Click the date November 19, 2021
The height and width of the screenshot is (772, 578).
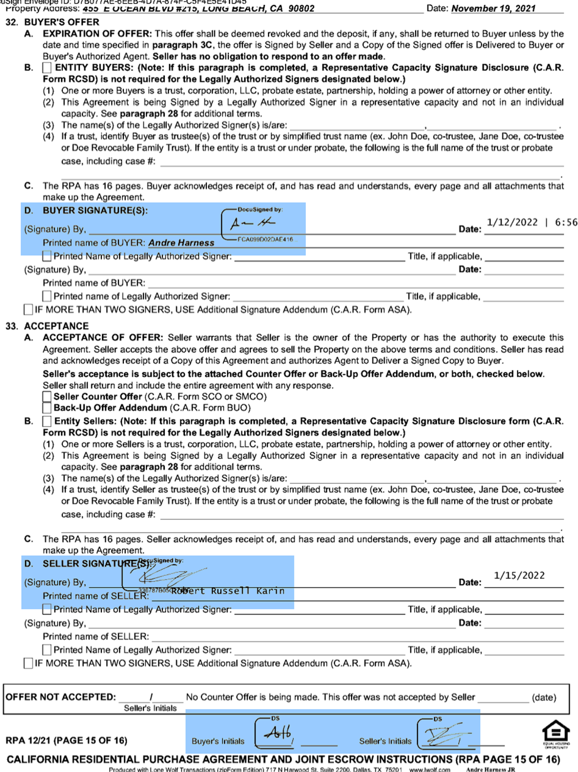493,8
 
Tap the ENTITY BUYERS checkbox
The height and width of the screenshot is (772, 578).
47,68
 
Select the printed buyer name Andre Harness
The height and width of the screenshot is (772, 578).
181,243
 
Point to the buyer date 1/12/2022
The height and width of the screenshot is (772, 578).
512,222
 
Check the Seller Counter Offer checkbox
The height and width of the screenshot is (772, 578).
47,396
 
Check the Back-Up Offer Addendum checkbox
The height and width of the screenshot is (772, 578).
47,408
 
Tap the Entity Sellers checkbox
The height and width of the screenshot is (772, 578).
47,421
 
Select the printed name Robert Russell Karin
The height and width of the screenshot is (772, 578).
228,591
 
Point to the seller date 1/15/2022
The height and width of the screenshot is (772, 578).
519,575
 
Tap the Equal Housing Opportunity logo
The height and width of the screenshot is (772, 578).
556,733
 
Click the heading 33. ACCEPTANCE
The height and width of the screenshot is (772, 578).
47,326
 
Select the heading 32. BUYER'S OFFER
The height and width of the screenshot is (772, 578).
53,22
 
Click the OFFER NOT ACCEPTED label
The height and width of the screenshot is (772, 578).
60,697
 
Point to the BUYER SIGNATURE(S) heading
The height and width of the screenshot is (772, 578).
95,210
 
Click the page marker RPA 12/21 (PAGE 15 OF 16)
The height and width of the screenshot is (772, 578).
66,740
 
